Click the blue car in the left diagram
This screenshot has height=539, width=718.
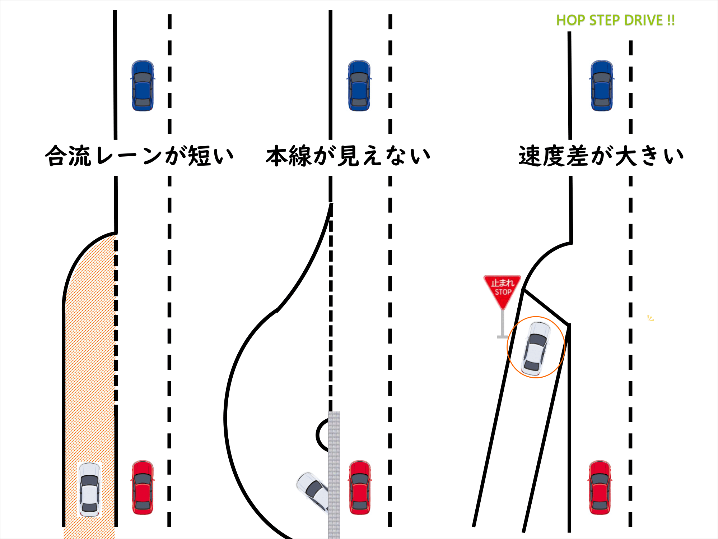pos(143,86)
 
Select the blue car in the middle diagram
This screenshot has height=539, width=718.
pos(359,86)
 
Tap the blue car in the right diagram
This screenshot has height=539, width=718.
pos(602,86)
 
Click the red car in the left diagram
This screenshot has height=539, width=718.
pos(143,487)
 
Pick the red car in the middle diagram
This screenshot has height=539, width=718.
pos(360,487)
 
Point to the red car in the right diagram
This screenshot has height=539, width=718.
pos(600,487)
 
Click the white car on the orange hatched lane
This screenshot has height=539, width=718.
pos(89,489)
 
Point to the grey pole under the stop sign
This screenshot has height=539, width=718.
pos(503,323)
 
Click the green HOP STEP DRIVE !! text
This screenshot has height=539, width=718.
pos(615,20)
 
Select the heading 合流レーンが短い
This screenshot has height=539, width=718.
pos(139,156)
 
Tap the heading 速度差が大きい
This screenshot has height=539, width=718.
pos(601,156)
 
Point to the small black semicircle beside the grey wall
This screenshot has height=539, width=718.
pos(321,435)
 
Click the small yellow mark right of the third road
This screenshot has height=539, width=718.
pos(651,318)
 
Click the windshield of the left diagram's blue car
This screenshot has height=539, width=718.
pos(143,78)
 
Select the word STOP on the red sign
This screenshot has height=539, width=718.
pos(503,292)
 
